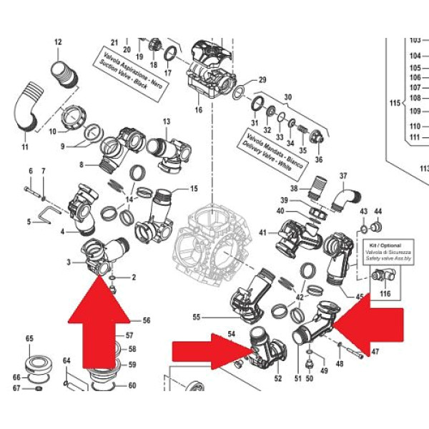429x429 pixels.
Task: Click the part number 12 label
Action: tap(59, 42)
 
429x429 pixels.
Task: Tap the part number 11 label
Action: tap(24, 147)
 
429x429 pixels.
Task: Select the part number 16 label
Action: tap(198, 110)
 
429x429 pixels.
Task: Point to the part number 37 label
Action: tap(342, 175)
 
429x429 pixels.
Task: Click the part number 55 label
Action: tap(197, 316)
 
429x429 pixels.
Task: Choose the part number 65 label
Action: tap(30, 338)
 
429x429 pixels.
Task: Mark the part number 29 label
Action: tap(262, 79)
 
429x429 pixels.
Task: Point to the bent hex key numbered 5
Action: tap(47, 213)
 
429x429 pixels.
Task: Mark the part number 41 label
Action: tap(262, 233)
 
